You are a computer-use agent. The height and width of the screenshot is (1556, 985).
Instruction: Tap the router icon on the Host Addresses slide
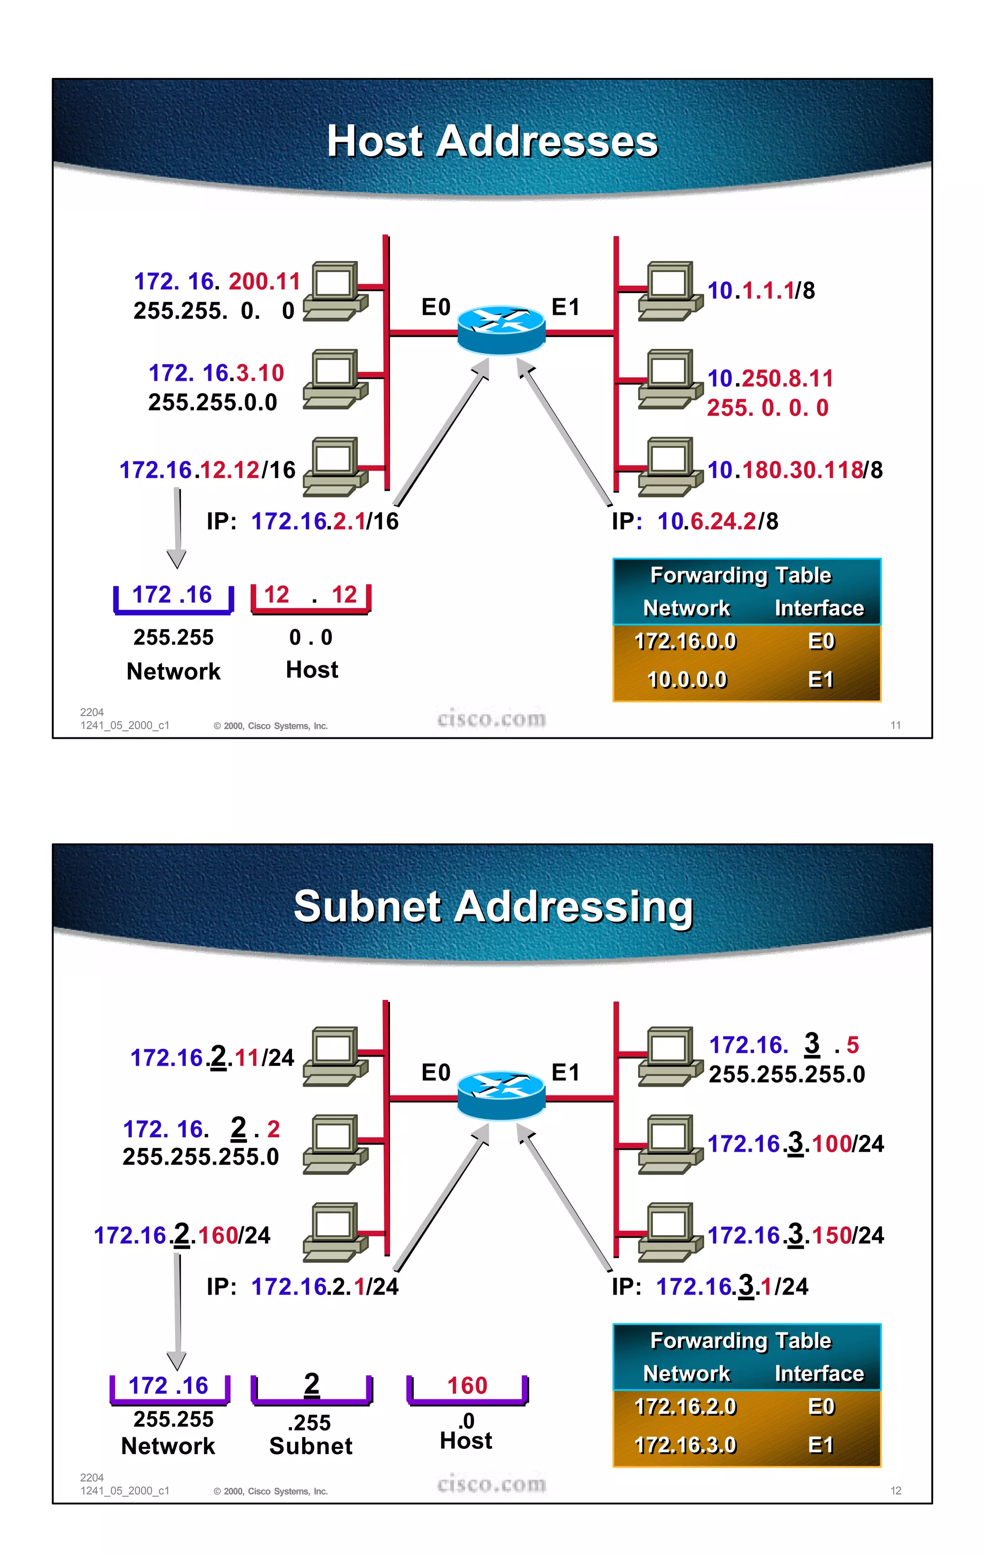tap(501, 330)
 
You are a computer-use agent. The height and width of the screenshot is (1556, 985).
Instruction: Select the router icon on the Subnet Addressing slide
tap(501, 1095)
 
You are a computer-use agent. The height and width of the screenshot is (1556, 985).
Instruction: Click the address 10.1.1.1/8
tap(761, 291)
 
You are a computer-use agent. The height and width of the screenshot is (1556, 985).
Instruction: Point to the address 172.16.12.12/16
tap(207, 470)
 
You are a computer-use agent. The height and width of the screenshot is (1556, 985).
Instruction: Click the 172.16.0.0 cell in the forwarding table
tap(685, 641)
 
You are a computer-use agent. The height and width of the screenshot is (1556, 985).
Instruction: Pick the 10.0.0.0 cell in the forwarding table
tap(686, 680)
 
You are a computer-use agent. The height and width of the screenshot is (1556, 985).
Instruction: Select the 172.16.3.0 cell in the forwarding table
tap(685, 1445)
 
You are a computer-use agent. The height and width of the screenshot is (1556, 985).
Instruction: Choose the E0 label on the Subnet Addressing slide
tap(436, 1072)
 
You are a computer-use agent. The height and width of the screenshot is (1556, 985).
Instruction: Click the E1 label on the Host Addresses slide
tap(566, 307)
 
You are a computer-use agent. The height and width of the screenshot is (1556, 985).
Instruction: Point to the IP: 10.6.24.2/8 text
tap(695, 521)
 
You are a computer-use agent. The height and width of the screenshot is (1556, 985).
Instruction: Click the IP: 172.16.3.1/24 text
tap(710, 1286)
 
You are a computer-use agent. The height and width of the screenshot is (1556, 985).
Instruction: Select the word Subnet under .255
tap(311, 1446)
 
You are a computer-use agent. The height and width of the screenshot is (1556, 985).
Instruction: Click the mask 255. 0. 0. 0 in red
tap(767, 408)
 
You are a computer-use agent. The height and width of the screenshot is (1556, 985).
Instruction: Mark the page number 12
tap(895, 1490)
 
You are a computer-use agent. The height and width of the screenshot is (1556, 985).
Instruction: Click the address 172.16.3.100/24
tap(795, 1144)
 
